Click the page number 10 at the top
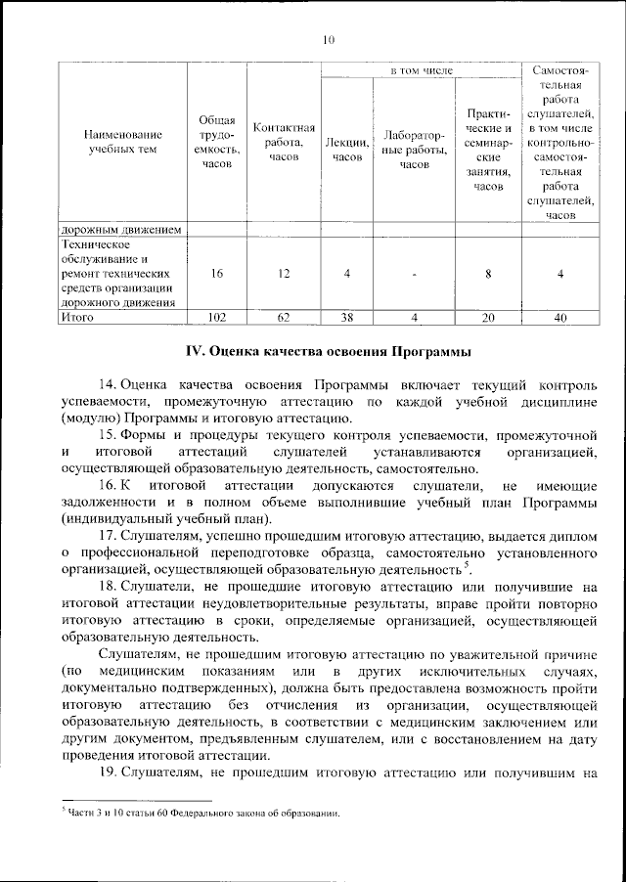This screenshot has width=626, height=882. point(328,40)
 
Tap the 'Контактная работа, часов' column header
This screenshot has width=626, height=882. point(284,143)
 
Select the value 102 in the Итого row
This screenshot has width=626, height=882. point(216,317)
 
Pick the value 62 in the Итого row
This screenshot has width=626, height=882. point(284,317)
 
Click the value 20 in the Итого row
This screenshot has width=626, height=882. point(488,317)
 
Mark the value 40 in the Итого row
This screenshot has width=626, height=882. point(560,317)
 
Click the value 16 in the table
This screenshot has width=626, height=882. point(216,274)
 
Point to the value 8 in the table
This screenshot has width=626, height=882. point(488,274)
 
